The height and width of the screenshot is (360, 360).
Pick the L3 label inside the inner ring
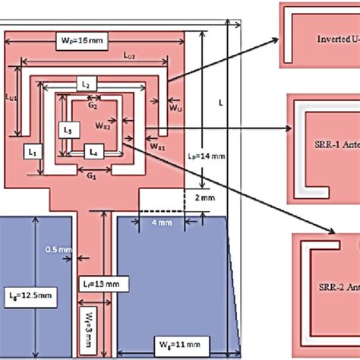[68, 130]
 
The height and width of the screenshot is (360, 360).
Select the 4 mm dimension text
[161, 223]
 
